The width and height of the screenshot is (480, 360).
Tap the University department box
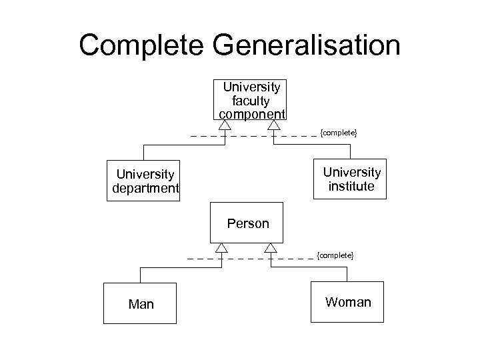tap(144, 181)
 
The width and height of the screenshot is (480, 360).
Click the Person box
tap(247, 223)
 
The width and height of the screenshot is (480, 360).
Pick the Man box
tap(141, 304)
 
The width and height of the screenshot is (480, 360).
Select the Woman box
tap(347, 303)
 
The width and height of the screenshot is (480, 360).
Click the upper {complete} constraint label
tap(339, 134)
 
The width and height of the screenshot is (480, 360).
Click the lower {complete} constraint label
tap(335, 255)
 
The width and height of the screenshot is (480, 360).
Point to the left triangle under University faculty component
tap(225, 125)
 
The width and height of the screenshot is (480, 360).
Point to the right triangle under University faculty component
tap(274, 125)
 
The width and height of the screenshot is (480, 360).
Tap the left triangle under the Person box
tap(221, 247)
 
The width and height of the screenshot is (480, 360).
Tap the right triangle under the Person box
tap(271, 247)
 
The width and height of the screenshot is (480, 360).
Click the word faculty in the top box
tap(251, 100)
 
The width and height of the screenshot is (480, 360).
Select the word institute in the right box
tap(351, 187)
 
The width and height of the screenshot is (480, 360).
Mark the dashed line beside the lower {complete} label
tap(293, 258)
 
